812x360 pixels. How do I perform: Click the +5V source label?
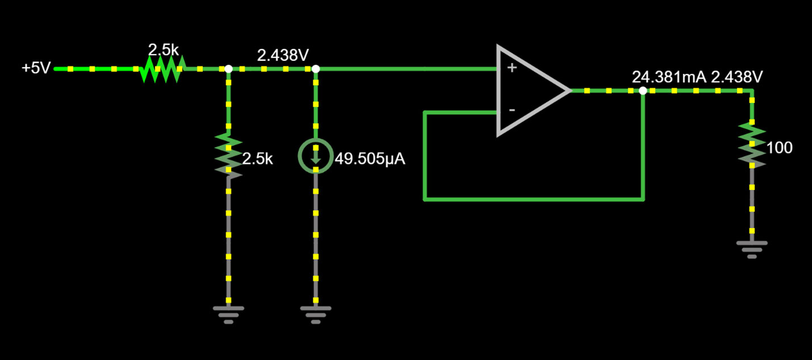36,69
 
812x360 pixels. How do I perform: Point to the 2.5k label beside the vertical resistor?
258,159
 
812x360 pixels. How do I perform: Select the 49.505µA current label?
370,159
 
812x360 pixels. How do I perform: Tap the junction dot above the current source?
316,69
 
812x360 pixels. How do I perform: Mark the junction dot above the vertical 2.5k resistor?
228,69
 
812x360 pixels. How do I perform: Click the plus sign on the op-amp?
512,68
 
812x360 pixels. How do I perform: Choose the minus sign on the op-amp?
512,110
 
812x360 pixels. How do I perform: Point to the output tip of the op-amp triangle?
569,91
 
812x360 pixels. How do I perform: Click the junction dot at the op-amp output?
643,91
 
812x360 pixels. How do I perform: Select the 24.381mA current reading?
669,77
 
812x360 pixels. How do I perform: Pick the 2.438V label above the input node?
283,56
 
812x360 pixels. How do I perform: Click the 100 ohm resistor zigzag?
752,146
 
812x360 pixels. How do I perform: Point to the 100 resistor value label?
780,148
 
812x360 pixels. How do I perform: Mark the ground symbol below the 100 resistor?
752,248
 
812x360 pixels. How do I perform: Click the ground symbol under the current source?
316,313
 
